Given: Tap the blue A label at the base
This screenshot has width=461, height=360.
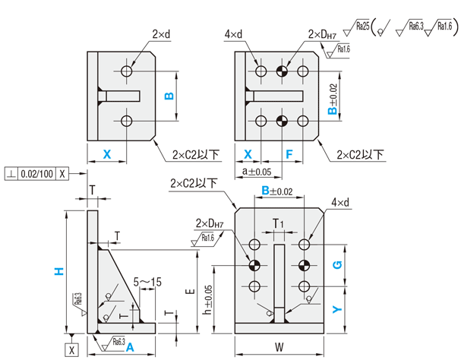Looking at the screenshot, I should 130,347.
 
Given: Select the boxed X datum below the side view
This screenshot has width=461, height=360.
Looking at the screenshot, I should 71,349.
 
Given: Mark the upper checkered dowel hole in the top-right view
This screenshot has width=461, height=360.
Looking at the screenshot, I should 282,71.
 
